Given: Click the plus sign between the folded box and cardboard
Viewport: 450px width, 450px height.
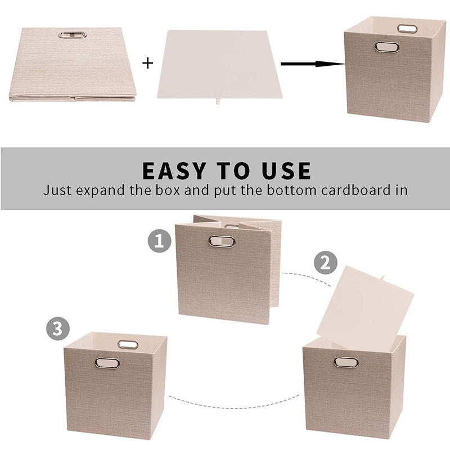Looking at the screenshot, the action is click(x=147, y=63).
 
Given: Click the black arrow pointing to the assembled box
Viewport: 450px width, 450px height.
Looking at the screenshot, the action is click(x=313, y=64).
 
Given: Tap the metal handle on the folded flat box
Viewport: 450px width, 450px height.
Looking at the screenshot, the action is click(x=73, y=35).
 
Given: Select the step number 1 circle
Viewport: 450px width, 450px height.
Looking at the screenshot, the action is click(x=160, y=241).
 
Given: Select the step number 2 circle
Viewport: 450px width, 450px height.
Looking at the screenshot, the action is click(x=326, y=263).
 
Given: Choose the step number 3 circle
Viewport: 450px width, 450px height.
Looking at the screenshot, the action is click(x=58, y=328).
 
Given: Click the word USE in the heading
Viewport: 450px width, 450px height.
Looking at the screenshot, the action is click(x=286, y=171).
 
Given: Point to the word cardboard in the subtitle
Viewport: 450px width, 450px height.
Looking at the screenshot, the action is click(x=355, y=190).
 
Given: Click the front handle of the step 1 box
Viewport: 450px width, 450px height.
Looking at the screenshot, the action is click(x=222, y=241).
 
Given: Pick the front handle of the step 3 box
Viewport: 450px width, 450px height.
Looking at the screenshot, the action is click(x=107, y=363).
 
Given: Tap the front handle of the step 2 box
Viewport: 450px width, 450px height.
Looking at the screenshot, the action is click(x=346, y=362).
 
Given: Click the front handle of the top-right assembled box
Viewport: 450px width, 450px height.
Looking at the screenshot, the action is click(x=387, y=47).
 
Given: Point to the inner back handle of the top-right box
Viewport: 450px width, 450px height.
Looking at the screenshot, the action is click(x=407, y=29).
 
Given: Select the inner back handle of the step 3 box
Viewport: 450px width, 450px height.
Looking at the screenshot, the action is click(x=128, y=345).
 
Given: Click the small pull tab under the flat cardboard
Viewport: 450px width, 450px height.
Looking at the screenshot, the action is click(x=218, y=101).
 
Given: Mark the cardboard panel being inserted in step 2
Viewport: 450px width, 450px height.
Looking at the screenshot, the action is click(x=365, y=304).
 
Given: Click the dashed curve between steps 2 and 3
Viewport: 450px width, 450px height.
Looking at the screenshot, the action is click(x=234, y=407).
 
